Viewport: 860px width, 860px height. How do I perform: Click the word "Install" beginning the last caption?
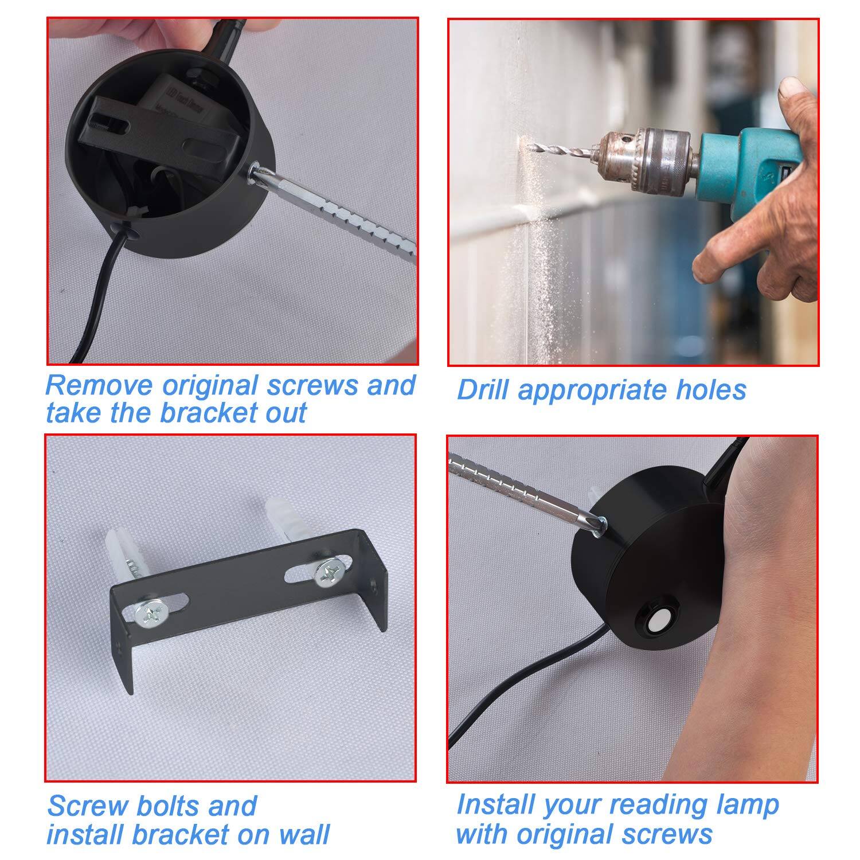click(495, 805)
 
